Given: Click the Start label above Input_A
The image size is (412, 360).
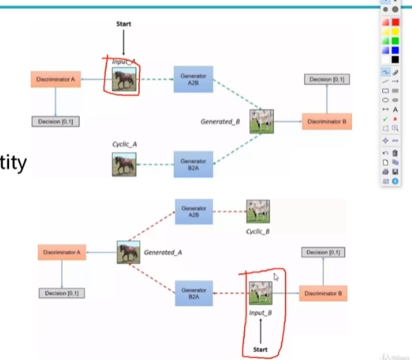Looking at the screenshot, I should (123, 23).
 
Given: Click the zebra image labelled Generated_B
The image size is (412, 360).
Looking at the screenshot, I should (263, 122).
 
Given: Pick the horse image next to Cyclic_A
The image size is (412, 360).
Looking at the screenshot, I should (124, 164).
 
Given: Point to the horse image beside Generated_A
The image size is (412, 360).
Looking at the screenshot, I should (129, 252).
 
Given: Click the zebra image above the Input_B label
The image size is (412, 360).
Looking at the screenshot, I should (261, 293).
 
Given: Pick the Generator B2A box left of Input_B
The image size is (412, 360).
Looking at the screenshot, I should (194, 293).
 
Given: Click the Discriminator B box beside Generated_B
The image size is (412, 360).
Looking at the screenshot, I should (327, 122).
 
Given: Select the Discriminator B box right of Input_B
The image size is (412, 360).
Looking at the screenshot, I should (324, 293).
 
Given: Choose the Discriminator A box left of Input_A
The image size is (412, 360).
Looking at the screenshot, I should (55, 79).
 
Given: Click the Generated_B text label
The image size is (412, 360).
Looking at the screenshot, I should (221, 122).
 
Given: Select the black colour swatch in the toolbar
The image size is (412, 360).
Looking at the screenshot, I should (395, 59).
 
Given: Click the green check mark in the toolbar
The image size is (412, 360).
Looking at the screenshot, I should (385, 119).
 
